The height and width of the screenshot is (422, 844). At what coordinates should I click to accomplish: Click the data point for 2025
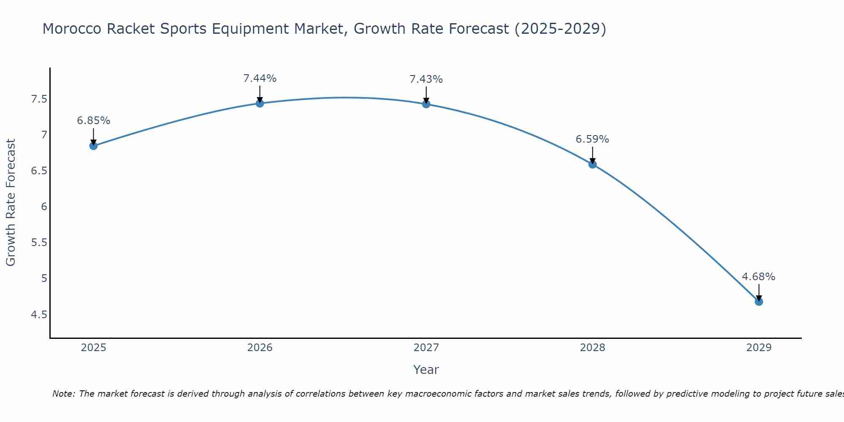coord(93,146)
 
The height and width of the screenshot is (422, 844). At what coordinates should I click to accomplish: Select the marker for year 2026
coord(260,103)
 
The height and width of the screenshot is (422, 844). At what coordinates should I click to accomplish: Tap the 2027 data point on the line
coord(426,104)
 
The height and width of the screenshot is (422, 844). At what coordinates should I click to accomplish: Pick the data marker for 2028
coord(592,164)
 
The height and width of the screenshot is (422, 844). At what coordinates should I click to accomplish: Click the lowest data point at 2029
coord(758,301)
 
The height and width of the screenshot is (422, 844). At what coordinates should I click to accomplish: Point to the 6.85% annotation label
coord(93,121)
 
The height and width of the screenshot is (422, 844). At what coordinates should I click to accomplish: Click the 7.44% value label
coord(260,78)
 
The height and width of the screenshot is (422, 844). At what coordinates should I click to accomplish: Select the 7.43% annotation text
coord(426,79)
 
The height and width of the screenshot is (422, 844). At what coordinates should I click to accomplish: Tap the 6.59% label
coord(592,139)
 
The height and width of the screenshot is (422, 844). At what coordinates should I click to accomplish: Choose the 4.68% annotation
coord(758,277)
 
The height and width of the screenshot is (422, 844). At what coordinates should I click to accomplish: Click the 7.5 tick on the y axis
coord(39,99)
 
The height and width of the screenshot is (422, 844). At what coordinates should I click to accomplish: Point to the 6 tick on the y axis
coord(43,207)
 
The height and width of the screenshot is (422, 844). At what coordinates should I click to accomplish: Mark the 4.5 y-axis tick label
coord(39,314)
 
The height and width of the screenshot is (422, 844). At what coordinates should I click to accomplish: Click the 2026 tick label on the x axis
coord(260,348)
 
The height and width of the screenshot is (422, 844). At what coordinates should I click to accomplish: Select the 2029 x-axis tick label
coord(758,348)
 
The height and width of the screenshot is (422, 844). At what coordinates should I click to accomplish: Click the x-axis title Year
coord(426,370)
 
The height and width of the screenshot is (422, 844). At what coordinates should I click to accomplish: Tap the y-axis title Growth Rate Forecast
coord(11,203)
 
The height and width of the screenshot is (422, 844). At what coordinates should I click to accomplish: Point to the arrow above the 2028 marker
coord(592,154)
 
